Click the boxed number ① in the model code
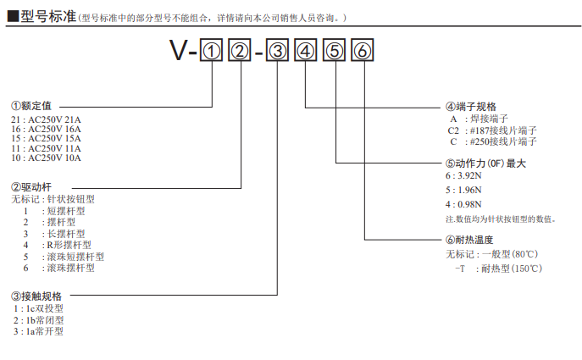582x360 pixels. (211, 52)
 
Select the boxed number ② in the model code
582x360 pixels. (241, 52)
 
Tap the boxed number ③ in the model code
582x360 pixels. (278, 52)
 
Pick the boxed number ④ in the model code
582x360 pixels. (306, 52)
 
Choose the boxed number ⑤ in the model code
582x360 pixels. (335, 52)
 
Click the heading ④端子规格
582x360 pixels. (470, 107)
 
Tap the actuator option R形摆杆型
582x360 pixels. (69, 245)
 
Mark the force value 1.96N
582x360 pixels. (468, 191)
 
